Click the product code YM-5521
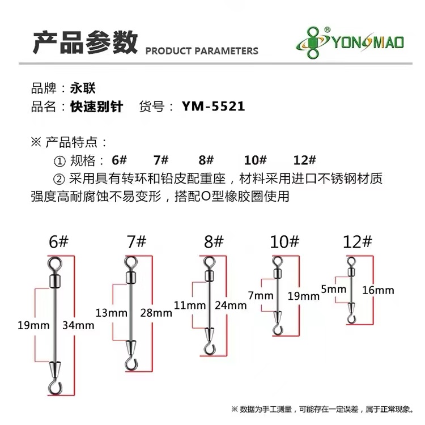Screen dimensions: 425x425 213,106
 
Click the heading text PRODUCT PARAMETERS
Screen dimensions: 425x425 202,51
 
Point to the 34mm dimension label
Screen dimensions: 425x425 79,325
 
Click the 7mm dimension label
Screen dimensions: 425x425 260,296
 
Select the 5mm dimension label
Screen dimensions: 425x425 333,290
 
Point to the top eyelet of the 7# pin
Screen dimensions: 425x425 130,261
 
